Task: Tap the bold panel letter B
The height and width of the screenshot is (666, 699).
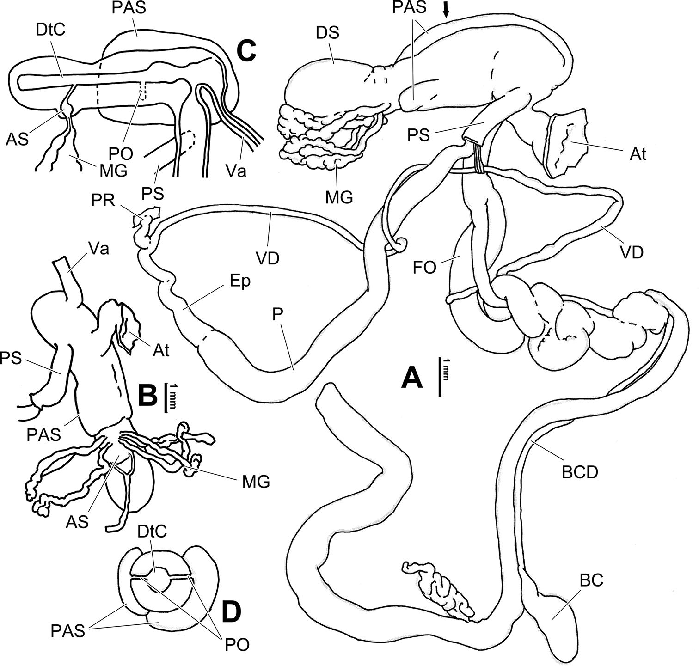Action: tap(150, 395)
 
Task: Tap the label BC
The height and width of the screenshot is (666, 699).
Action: tap(592, 580)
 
